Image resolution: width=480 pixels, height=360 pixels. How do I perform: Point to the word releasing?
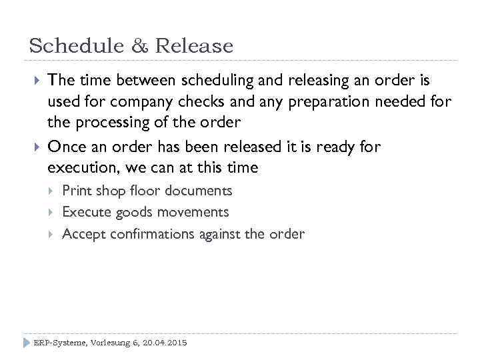(315, 81)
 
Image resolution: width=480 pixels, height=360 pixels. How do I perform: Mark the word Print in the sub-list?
(77, 191)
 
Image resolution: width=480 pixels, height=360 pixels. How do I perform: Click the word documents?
(199, 191)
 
